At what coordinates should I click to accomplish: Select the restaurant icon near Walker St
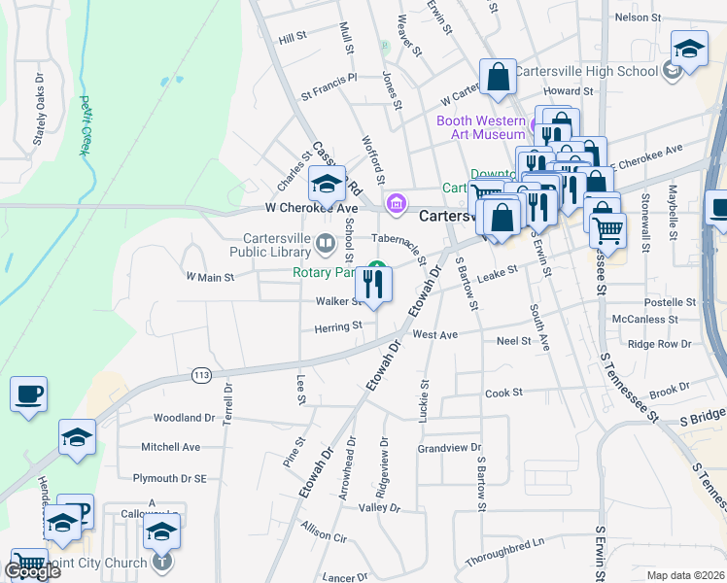tap(373, 285)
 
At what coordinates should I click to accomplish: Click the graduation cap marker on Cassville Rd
tap(328, 183)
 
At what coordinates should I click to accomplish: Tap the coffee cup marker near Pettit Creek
tap(28, 394)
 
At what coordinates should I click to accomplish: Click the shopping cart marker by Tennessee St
tap(608, 230)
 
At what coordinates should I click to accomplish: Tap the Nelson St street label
tap(638, 17)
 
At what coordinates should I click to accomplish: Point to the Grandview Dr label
tap(449, 449)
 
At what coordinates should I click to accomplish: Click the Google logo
tap(32, 571)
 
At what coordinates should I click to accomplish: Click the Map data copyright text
tap(685, 575)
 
